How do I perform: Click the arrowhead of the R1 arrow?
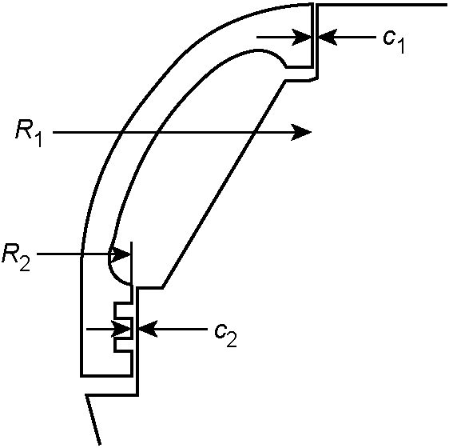point(301,133)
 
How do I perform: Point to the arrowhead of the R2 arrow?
point(121,254)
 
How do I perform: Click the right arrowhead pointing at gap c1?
point(328,38)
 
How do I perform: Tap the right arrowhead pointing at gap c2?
point(148,329)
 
